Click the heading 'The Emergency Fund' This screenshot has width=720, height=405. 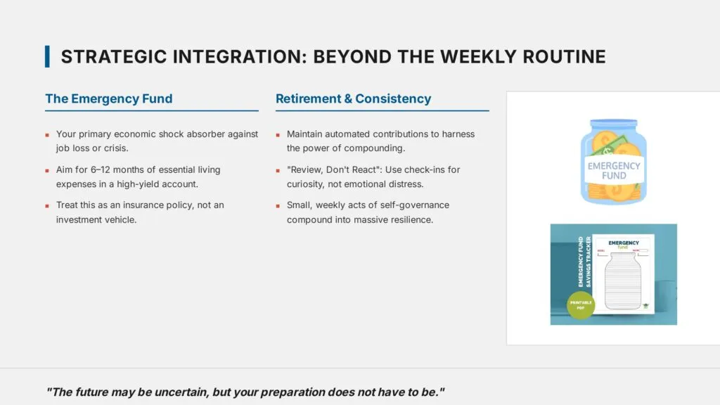click(x=108, y=98)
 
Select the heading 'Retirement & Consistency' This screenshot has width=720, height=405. click(x=353, y=98)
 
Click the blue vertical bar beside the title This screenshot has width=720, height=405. click(x=47, y=56)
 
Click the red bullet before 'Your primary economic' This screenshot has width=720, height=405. click(x=47, y=134)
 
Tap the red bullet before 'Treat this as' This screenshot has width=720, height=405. click(x=47, y=205)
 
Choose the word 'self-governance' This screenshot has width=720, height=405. click(x=414, y=205)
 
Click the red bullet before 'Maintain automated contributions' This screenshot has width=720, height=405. click(x=278, y=134)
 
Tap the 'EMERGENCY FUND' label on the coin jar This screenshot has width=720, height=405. click(x=614, y=170)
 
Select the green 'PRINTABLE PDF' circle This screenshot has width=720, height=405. click(x=581, y=304)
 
